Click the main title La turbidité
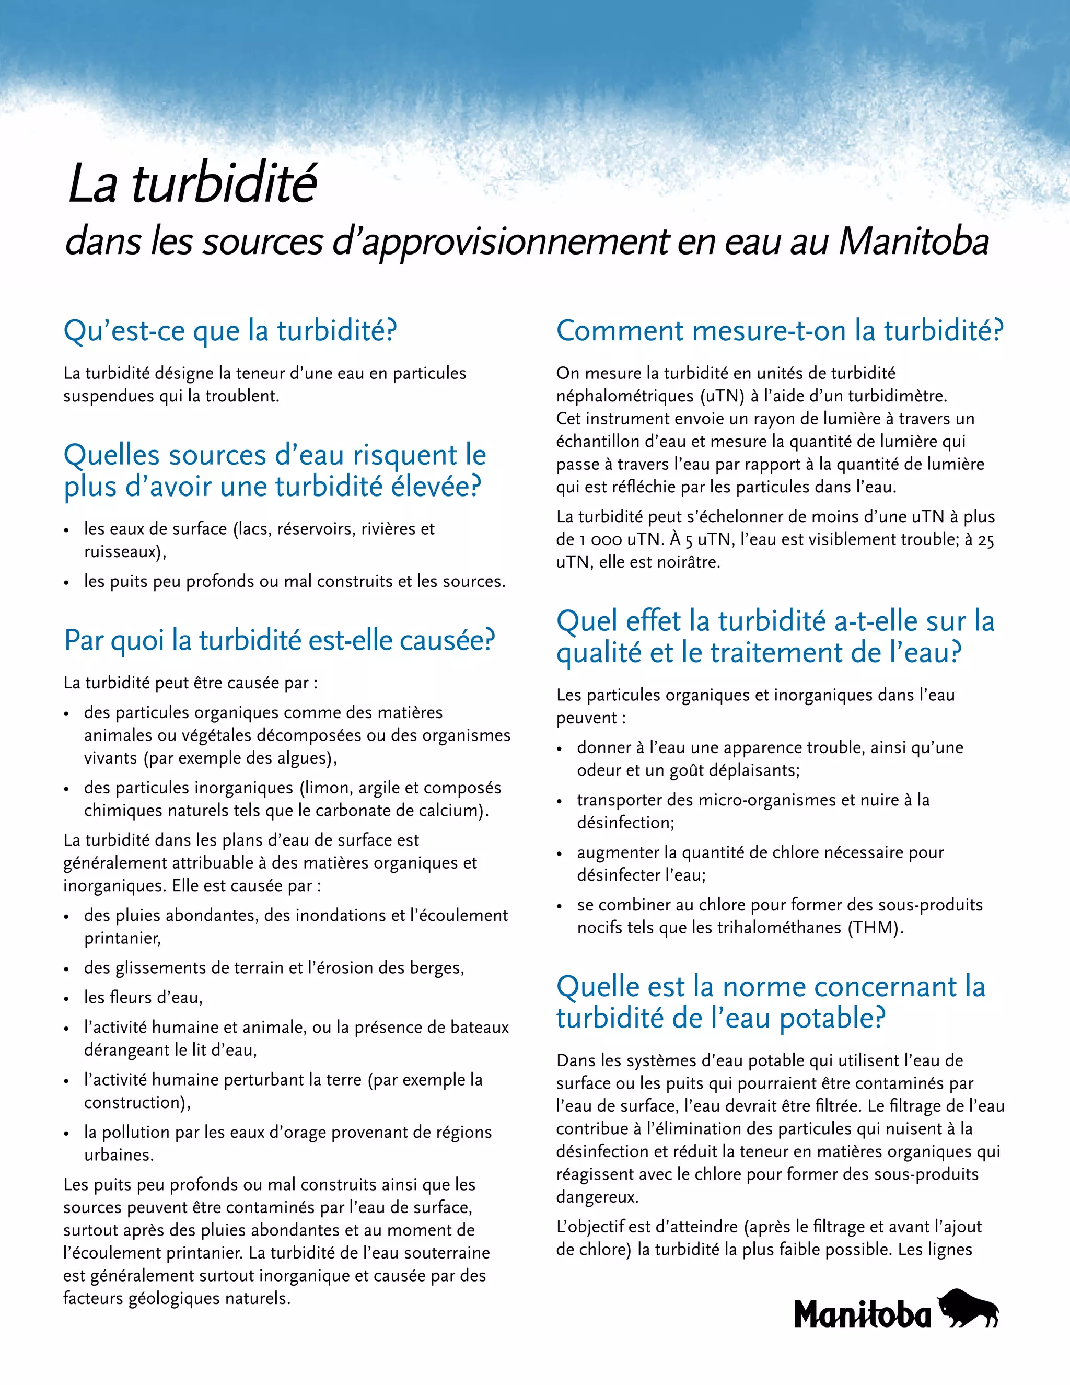point(193,184)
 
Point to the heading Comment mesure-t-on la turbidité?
point(780,331)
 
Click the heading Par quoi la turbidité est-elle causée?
point(279,641)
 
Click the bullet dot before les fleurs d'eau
point(66,999)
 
